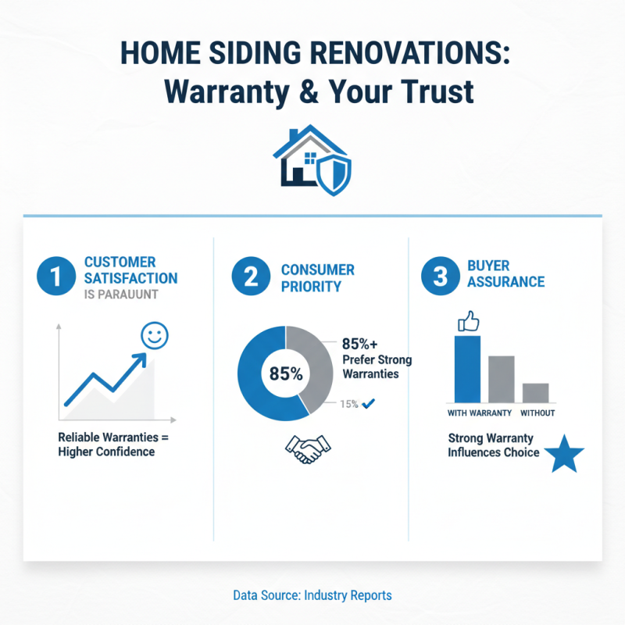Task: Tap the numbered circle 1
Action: tap(54, 277)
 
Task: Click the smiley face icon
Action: tap(155, 337)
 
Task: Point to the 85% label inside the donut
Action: tap(285, 373)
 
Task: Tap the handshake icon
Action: tap(307, 449)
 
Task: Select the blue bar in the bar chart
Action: tap(467, 367)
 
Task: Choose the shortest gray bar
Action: tap(535, 391)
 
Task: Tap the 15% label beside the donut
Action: tap(348, 404)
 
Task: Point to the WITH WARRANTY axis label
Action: tap(479, 412)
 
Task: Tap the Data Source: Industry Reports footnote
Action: tap(312, 595)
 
